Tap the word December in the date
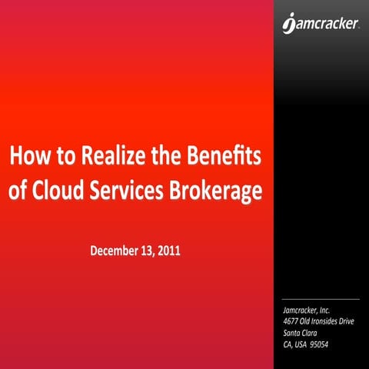tap(116, 251)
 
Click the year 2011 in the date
tap(170, 251)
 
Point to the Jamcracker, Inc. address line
tap(306, 309)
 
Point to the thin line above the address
tap(321, 299)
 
